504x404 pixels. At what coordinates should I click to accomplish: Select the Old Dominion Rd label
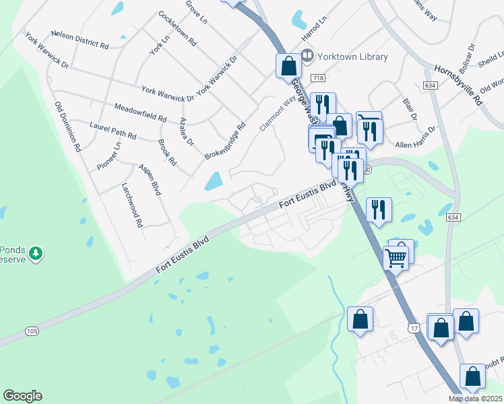tap(68, 126)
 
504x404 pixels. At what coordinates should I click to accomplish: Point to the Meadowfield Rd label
tap(140, 112)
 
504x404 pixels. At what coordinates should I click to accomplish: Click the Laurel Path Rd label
tap(113, 130)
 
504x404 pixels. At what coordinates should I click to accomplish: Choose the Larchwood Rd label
tap(133, 205)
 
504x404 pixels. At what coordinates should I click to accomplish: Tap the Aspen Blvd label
tap(150, 179)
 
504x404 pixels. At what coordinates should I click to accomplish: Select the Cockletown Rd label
tap(177, 28)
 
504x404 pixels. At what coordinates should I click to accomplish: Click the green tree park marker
tap(36, 254)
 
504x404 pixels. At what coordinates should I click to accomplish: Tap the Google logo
tap(22, 396)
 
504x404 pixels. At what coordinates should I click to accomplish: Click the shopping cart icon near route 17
tap(396, 258)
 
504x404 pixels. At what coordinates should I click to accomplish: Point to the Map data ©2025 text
tap(475, 399)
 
